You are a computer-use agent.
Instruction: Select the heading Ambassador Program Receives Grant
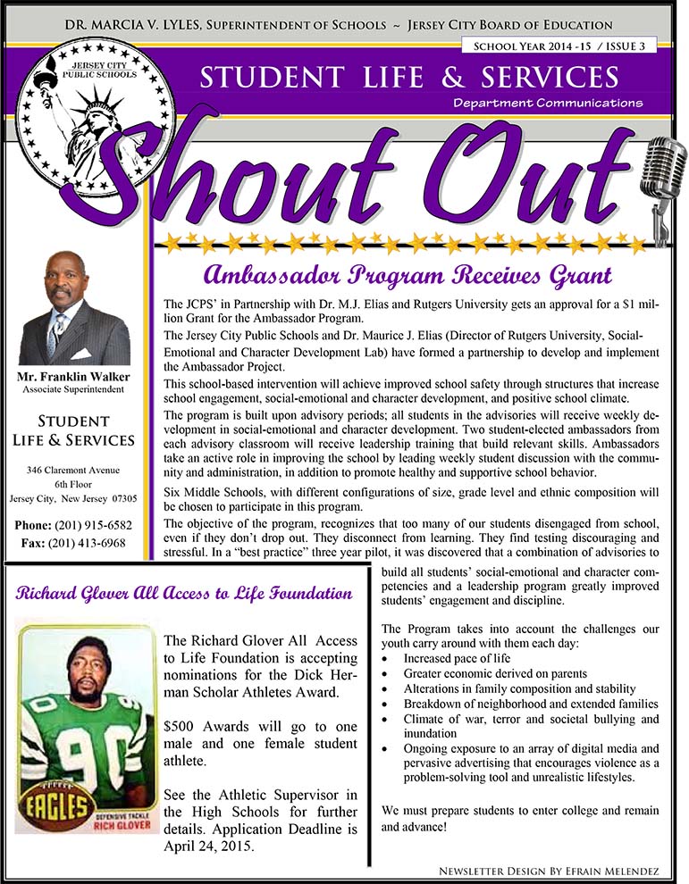tap(407, 273)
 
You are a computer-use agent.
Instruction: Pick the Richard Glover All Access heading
tap(183, 594)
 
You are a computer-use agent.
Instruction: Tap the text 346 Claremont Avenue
tap(73, 469)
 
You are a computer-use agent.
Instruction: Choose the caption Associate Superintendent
tap(74, 390)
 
